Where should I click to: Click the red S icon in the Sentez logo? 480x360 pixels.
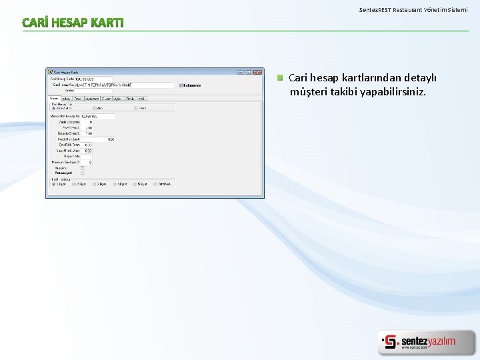point(390,342)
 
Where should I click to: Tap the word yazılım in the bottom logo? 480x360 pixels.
point(441,341)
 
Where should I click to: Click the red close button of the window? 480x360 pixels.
point(258,72)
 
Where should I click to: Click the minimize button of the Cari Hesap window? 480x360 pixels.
point(241,72)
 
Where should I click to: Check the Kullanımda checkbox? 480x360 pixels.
point(181,85)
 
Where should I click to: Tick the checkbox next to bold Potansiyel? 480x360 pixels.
point(83,172)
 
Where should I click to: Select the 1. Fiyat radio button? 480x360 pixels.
point(54,184)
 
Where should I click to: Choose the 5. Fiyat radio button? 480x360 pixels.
point(135,184)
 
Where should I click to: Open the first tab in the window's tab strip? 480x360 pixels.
point(54,98)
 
